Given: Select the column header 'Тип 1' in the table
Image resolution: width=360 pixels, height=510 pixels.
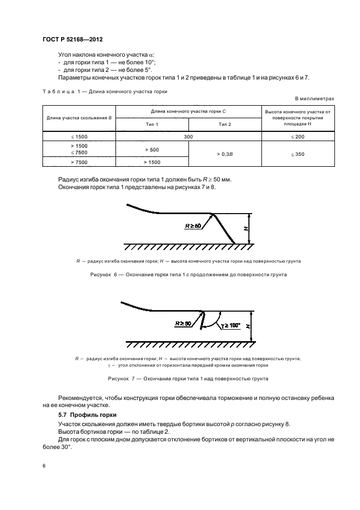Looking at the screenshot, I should tap(151, 124).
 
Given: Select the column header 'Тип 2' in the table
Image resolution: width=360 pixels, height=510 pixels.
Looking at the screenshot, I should tap(224, 124).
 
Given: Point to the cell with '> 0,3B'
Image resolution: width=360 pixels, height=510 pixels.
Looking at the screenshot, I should tap(224, 155).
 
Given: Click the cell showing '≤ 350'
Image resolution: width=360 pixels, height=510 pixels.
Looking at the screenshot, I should tap(298, 155).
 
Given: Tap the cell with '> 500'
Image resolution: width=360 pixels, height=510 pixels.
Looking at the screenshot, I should tap(151, 149).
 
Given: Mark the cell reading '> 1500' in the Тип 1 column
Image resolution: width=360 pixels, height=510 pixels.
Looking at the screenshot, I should tap(151, 162).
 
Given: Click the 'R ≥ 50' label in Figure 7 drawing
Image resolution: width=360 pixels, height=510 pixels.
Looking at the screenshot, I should tap(184, 323).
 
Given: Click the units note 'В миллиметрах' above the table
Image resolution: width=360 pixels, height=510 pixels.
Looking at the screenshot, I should tap(314, 99).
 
